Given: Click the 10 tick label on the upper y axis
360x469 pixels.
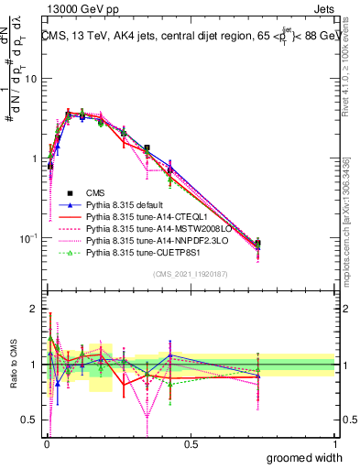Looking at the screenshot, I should coord(31,79).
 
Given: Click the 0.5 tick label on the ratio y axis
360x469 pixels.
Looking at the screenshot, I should coord(31,420).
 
